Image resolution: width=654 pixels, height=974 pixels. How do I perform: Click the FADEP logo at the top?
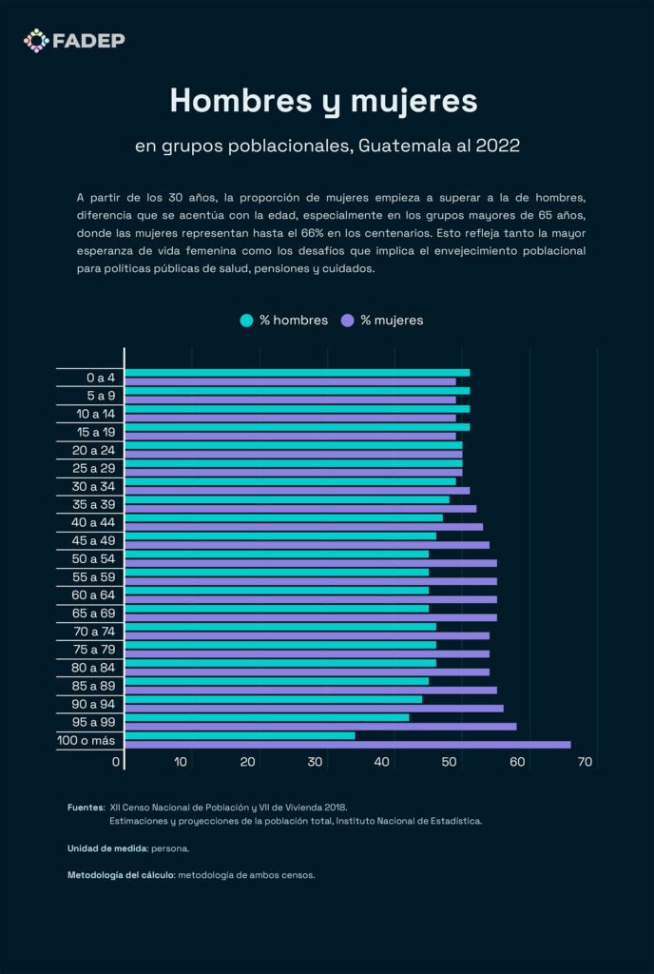click(x=74, y=40)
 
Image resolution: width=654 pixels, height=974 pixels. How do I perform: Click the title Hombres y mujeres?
click(x=323, y=100)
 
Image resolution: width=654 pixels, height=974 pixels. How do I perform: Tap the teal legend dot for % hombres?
click(x=247, y=321)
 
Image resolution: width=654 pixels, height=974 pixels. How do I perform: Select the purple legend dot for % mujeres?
click(x=348, y=321)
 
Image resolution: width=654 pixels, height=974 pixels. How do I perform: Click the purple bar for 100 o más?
click(x=348, y=745)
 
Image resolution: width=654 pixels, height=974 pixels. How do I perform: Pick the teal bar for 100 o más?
click(x=240, y=735)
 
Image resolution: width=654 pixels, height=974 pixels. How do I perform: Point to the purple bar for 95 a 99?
click(x=321, y=727)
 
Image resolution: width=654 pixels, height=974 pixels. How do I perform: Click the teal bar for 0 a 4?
click(x=298, y=373)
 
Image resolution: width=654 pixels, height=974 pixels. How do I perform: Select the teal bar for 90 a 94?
click(x=274, y=699)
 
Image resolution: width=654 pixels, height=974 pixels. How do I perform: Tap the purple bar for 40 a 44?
click(x=304, y=527)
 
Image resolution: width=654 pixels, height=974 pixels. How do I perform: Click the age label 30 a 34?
click(x=94, y=486)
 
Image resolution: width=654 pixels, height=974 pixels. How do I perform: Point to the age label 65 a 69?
click(x=94, y=613)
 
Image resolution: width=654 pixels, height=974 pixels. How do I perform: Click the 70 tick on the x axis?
click(x=585, y=762)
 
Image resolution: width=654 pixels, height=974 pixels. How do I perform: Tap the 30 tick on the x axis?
click(x=316, y=762)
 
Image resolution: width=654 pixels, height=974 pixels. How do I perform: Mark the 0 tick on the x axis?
click(x=117, y=762)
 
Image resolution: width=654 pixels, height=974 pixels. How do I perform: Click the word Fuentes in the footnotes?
click(x=86, y=807)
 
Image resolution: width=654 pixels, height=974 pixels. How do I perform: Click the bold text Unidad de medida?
click(x=107, y=847)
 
